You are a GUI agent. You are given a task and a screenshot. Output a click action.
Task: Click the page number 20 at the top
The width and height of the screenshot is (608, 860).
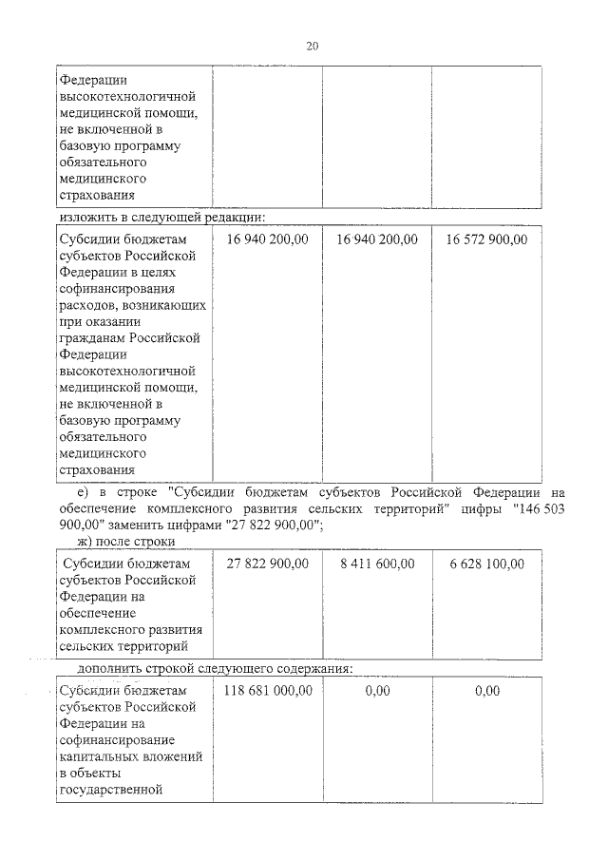[x=313, y=46]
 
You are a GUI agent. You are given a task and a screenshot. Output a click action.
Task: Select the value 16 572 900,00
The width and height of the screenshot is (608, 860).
[x=486, y=239]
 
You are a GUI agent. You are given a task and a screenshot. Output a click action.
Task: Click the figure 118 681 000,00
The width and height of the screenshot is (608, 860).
[x=268, y=691]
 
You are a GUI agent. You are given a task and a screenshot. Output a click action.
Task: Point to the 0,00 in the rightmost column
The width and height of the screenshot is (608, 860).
[x=486, y=691]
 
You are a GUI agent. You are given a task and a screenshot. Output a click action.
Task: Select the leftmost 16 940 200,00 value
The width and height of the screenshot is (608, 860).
[x=268, y=239]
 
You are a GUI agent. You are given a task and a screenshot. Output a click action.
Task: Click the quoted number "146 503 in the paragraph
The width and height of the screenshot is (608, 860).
[x=538, y=510]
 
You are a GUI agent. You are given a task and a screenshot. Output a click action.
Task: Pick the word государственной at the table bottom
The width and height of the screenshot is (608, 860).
[x=111, y=789]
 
